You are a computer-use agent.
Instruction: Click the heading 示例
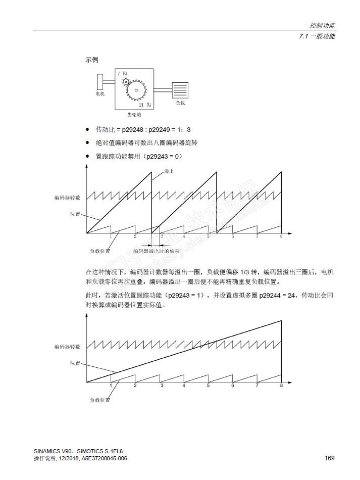(91, 60)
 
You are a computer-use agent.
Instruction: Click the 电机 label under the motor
(100, 94)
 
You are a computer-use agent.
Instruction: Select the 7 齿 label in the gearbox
(122, 74)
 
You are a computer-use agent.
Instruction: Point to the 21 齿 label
(145, 105)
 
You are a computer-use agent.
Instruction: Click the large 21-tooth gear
(136, 90)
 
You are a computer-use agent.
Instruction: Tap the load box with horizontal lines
(180, 90)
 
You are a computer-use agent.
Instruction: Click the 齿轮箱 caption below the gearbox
(134, 115)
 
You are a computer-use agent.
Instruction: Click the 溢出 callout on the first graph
(169, 172)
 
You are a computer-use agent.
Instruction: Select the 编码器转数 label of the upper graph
(68, 198)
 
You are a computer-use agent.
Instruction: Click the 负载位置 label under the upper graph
(100, 251)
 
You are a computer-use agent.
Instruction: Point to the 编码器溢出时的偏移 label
(158, 251)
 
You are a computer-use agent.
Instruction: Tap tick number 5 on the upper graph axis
(208, 236)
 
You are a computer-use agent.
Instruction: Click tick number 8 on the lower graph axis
(281, 386)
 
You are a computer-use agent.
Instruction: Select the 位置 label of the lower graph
(75, 363)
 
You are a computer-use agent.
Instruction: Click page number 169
(329, 458)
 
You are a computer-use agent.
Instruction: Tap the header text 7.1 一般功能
(317, 36)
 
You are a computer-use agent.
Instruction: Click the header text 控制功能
(322, 25)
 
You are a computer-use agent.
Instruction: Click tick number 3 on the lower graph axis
(162, 386)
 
